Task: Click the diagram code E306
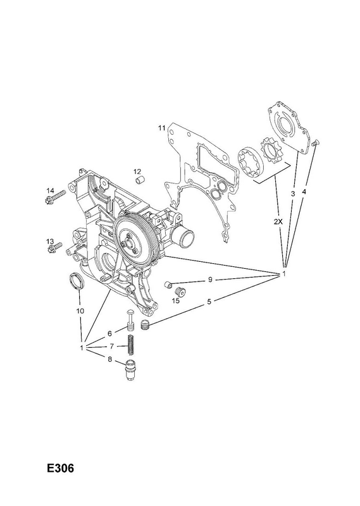point(60,468)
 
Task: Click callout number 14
point(50,190)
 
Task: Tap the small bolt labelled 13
point(56,247)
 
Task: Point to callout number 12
point(137,171)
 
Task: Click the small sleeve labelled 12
point(140,180)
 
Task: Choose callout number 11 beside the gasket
point(161,128)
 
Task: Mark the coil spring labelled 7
point(130,344)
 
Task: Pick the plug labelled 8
point(130,369)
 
